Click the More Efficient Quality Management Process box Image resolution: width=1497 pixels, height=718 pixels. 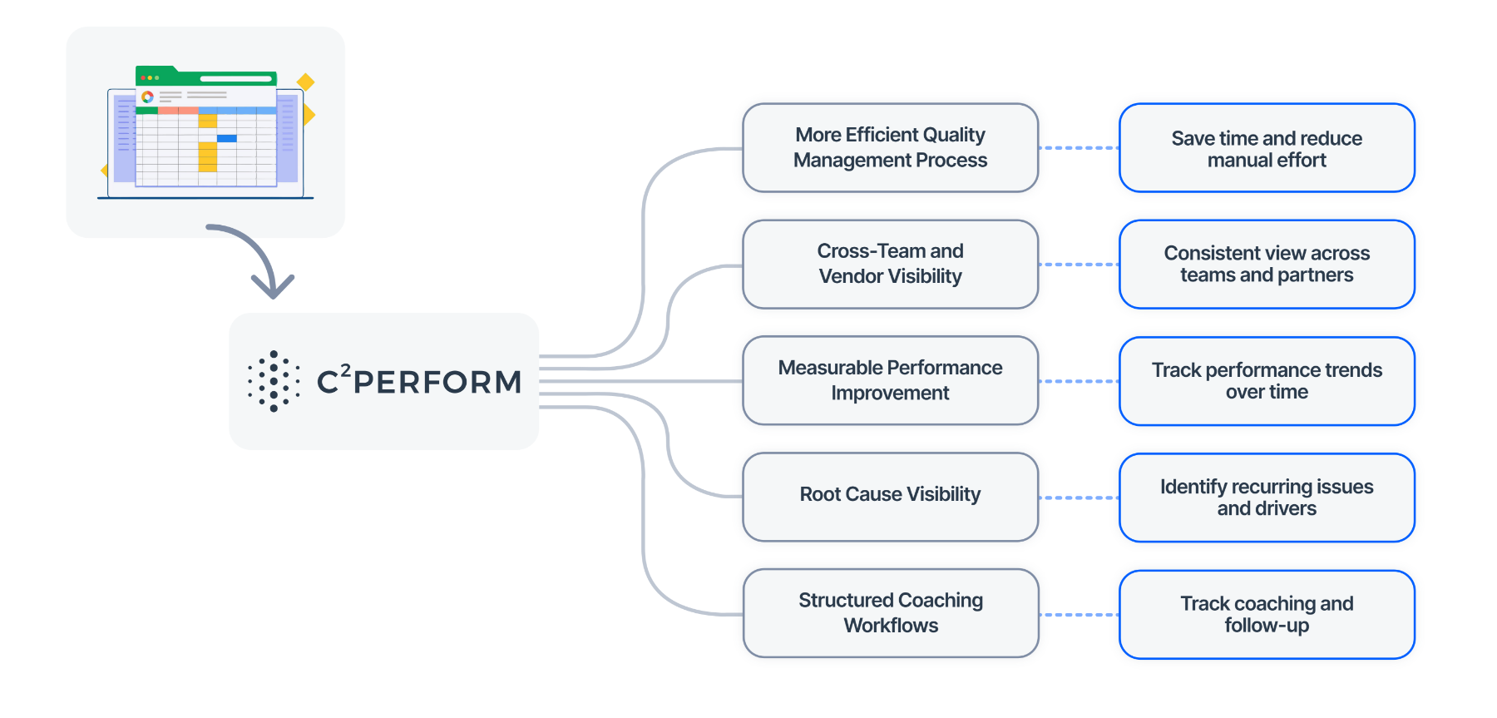[x=890, y=147]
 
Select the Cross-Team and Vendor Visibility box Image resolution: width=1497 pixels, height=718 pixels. [x=890, y=264]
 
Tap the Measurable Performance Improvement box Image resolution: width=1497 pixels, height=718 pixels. [x=890, y=380]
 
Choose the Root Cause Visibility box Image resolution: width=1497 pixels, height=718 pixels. [x=890, y=497]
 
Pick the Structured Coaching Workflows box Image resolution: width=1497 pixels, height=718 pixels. [x=890, y=613]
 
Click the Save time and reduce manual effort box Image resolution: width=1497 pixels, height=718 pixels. [x=1266, y=148]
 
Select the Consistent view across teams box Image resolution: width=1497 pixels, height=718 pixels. [x=1266, y=265]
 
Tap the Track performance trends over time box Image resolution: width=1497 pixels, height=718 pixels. [x=1266, y=381]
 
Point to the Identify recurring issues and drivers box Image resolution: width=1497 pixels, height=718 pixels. [x=1266, y=498]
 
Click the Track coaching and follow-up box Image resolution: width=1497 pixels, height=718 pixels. [x=1266, y=614]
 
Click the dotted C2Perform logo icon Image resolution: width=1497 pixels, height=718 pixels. [x=274, y=381]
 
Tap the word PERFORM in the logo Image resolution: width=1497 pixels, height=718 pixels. [x=437, y=383]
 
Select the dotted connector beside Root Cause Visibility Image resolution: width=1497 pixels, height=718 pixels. [x=1079, y=498]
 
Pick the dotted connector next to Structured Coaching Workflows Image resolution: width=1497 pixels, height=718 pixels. [x=1079, y=615]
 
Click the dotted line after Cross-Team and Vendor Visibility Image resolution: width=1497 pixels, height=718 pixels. [x=1079, y=265]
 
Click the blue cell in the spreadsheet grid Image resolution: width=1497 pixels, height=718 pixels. [x=226, y=138]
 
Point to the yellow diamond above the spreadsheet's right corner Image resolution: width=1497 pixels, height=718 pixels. [x=305, y=82]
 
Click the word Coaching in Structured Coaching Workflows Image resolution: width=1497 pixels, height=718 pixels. [x=940, y=601]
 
